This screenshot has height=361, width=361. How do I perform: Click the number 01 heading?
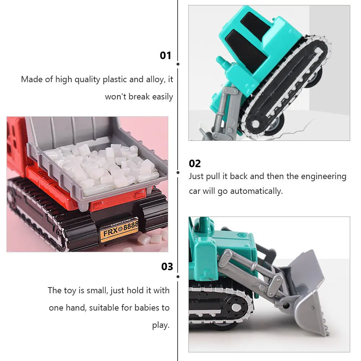pos(165,55)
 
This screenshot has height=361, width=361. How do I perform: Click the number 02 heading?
pos(195,164)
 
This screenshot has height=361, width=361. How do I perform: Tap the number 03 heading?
pos(167,267)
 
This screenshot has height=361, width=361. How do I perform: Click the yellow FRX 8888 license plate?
pos(119,229)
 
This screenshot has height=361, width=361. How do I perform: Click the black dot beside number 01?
pos(178,64)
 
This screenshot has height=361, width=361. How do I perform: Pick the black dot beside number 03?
pos(178,277)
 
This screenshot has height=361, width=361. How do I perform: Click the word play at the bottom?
pos(160,325)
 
